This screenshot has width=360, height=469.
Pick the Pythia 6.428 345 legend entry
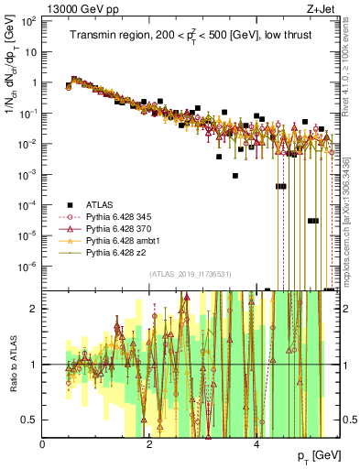click(119, 216)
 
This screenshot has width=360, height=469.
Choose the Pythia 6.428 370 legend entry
click(119, 228)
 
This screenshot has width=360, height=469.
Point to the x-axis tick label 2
click(150, 444)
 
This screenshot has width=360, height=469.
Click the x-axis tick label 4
click(257, 444)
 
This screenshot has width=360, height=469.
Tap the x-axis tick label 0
click(43, 444)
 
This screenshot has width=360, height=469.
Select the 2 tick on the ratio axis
click(35, 309)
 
